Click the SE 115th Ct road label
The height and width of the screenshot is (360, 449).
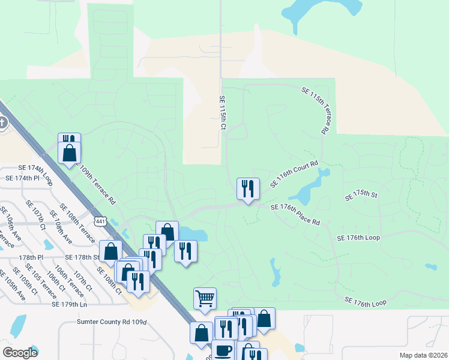(x=221, y=113)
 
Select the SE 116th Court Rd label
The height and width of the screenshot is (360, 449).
(x=294, y=174)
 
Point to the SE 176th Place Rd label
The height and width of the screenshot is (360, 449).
(x=295, y=214)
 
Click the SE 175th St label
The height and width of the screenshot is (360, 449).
(x=360, y=196)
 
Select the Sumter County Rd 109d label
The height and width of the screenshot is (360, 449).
(x=112, y=322)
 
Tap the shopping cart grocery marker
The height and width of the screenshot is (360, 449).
(x=205, y=298)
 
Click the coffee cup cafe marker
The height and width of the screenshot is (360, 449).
(x=223, y=350)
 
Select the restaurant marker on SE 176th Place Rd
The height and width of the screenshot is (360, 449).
(x=247, y=188)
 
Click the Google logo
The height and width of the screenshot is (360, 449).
(x=20, y=352)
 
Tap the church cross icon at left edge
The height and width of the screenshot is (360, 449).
(x=2, y=124)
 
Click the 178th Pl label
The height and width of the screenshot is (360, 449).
(x=31, y=257)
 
